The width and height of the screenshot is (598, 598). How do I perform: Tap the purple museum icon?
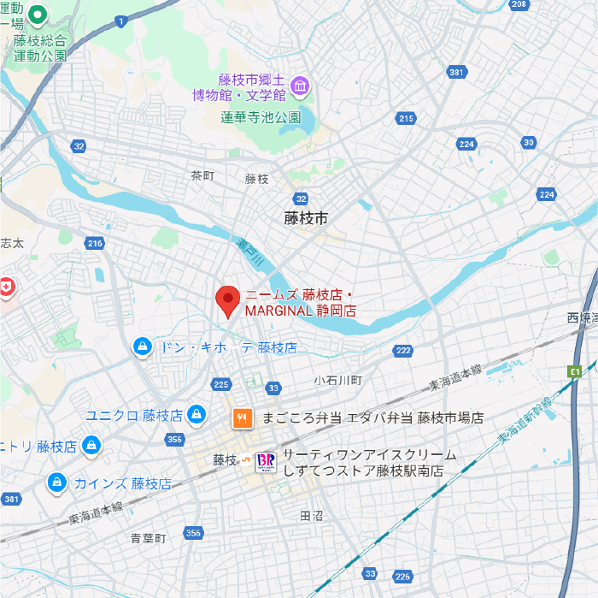300,86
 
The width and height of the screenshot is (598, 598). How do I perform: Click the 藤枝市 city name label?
306,219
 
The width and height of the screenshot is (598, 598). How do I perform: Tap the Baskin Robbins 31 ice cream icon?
267,462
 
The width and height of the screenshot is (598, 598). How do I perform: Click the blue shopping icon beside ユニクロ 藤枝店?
197,415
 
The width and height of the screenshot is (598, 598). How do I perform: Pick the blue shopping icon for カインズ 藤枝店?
57,483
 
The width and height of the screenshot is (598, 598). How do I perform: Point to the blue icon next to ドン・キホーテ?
143,346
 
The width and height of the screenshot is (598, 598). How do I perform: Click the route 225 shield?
222,384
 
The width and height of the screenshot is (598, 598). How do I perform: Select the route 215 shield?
407,118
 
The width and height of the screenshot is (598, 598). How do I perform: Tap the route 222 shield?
403,351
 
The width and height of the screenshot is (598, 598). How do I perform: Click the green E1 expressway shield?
574,371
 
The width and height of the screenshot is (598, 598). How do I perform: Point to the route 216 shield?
95,244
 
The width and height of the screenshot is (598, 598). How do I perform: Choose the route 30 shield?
529,142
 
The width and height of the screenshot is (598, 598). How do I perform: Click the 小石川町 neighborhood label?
338,379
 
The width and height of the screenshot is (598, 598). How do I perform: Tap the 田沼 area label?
312,516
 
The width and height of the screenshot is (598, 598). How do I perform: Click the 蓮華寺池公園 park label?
261,117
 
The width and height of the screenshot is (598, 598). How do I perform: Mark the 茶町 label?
202,175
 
